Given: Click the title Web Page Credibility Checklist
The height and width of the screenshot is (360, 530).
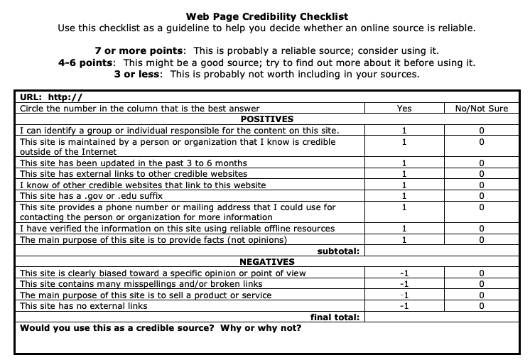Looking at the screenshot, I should (266, 16).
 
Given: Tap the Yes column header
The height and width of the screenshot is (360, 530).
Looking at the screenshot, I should (404, 108).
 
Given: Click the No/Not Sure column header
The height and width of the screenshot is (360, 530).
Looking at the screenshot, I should (481, 108).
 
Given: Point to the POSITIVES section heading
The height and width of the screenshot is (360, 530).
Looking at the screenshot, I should (266, 119).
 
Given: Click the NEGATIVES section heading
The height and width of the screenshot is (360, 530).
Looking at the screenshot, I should (266, 262).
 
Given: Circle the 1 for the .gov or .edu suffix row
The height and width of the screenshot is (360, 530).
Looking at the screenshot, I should (404, 195).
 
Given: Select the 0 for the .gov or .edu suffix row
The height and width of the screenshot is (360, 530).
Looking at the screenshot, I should (481, 195).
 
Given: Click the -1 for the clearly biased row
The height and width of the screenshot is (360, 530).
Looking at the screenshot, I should (404, 273).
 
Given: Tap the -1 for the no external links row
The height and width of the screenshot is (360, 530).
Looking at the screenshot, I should (404, 306).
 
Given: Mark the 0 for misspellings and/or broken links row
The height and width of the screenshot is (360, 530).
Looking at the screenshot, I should (481, 284).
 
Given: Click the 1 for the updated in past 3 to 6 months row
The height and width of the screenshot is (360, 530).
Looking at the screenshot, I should (404, 163).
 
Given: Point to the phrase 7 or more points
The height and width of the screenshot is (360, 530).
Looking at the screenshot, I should (139, 51).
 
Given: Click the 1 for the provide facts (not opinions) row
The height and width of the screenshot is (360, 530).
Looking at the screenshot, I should (404, 239).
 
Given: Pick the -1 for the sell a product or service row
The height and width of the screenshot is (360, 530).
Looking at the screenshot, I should (404, 295).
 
